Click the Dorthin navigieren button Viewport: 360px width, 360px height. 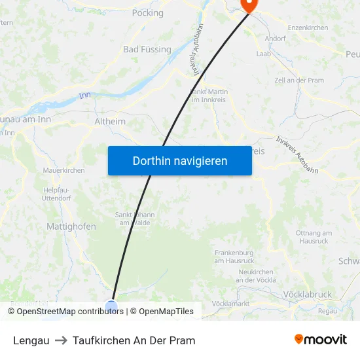click(179, 160)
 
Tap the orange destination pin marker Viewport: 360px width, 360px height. click(249, 5)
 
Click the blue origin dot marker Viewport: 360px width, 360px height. click(111, 306)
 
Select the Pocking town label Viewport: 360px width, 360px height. click(147, 12)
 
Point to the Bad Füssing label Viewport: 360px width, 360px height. click(147, 49)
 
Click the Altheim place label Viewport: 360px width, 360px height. click(109, 121)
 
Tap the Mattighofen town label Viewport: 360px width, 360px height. click(71, 226)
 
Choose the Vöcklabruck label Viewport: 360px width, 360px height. click(308, 295)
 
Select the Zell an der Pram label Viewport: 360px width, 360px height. click(299, 80)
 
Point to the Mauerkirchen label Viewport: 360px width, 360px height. click(63, 170)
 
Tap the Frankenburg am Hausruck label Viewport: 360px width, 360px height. click(234, 257)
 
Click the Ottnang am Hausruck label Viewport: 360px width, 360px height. click(314, 237)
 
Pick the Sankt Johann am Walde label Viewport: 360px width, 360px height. click(134, 219)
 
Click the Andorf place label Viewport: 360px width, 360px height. click(275, 39)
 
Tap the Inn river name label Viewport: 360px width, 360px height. click(84, 96)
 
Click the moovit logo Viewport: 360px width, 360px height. click(321, 339)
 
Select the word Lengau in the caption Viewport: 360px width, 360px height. click(31, 340)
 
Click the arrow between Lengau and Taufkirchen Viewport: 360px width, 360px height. click(61, 340)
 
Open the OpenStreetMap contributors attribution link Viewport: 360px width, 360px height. click(70, 312)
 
